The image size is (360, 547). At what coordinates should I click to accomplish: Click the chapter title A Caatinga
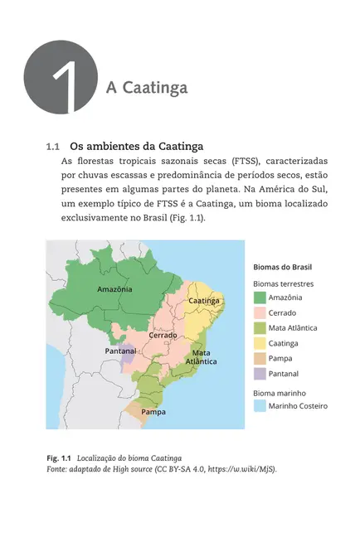(147, 88)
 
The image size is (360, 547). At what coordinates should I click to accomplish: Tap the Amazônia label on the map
(114, 289)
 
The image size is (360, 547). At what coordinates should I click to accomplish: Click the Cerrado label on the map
(163, 335)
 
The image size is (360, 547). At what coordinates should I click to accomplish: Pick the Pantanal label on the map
(121, 351)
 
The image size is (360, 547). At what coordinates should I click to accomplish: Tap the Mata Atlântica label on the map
(202, 357)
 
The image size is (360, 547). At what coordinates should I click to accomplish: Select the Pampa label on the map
(153, 411)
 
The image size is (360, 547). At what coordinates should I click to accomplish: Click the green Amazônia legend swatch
(259, 298)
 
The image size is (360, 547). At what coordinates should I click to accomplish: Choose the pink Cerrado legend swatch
(259, 312)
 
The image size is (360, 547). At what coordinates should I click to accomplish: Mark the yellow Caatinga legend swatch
(259, 343)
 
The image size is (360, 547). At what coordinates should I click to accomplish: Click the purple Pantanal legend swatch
(259, 374)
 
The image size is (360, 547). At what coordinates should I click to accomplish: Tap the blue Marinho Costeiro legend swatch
(259, 406)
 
